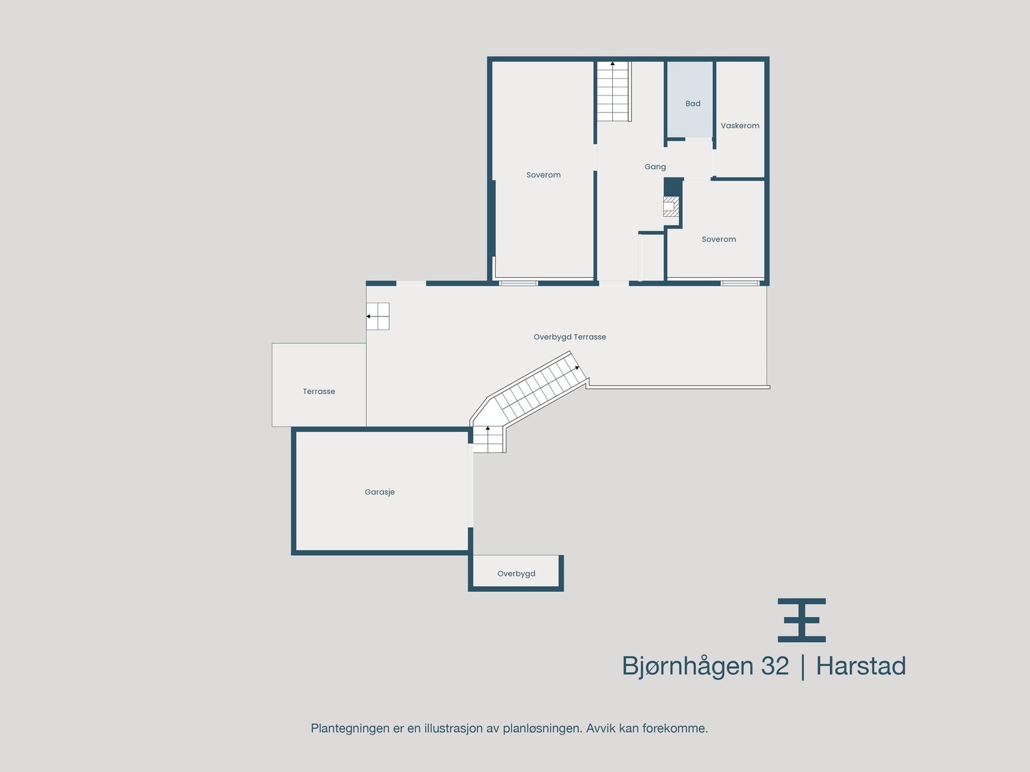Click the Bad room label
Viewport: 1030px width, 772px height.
(x=693, y=104)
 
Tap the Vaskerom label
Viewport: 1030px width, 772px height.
(x=740, y=125)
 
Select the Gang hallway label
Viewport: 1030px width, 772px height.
(x=655, y=167)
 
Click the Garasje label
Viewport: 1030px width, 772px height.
(x=380, y=492)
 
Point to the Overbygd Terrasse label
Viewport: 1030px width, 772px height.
(x=570, y=336)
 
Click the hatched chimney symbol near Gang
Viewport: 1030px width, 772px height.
(x=671, y=207)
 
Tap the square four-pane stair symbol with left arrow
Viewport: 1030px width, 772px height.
(x=378, y=317)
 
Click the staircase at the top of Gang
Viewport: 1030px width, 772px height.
(x=613, y=91)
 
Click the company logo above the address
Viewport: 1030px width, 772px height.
(x=801, y=620)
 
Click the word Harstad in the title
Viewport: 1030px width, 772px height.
(x=861, y=666)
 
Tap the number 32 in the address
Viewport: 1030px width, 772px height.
(x=774, y=666)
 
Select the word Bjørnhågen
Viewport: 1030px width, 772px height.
(x=688, y=666)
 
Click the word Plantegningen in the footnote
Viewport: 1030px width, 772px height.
(x=350, y=728)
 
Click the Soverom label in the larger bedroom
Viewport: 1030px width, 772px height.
(x=543, y=175)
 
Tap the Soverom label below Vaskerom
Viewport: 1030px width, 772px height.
(x=718, y=239)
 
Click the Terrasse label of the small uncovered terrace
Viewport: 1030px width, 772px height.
(x=319, y=391)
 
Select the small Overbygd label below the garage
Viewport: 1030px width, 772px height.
(x=516, y=574)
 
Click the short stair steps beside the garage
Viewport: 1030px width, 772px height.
(x=488, y=440)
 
